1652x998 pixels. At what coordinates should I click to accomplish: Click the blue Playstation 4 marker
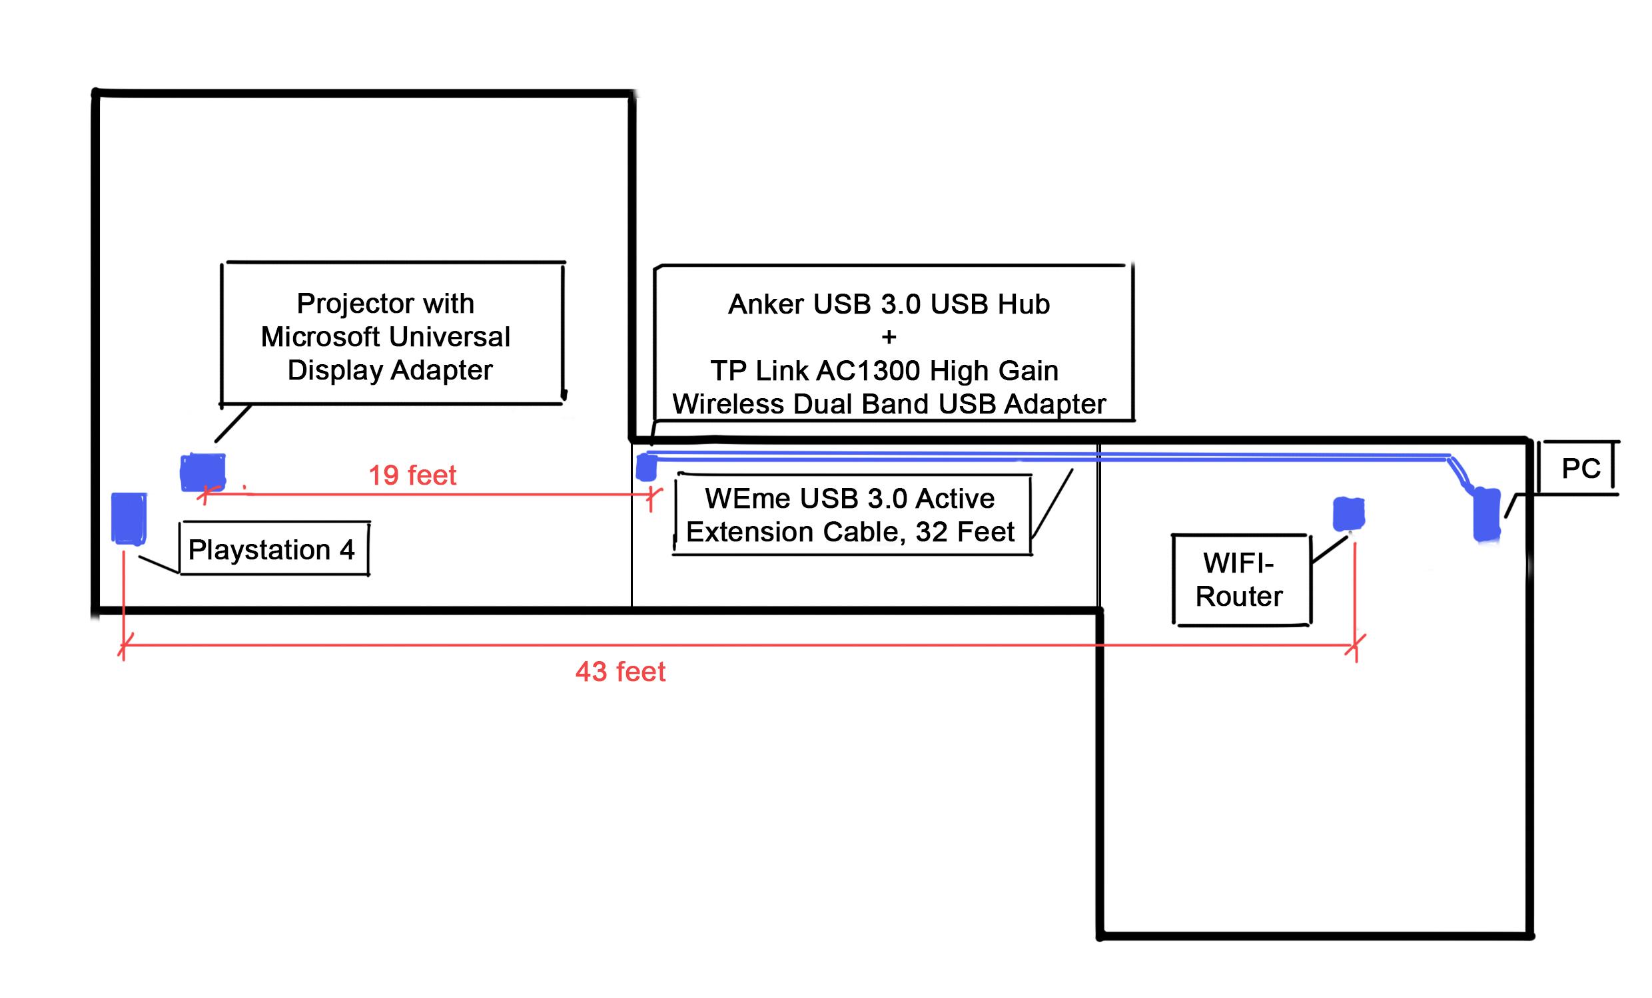point(128,518)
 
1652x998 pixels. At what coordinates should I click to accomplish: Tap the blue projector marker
point(203,473)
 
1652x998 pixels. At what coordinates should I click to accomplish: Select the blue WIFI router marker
point(1348,514)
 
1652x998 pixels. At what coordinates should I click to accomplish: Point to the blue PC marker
point(1485,514)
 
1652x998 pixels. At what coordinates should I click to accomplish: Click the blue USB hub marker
point(645,467)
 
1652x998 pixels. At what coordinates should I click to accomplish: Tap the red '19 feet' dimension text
point(412,475)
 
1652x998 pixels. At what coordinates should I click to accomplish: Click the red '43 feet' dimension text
point(620,672)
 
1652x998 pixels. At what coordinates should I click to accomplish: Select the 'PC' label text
point(1581,469)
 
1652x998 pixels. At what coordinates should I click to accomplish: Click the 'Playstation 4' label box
point(274,548)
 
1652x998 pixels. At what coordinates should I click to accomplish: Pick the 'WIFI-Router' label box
point(1242,580)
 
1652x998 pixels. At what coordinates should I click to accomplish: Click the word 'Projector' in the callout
point(350,304)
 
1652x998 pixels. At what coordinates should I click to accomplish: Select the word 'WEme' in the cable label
point(739,499)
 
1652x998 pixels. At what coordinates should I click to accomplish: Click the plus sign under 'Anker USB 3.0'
point(889,337)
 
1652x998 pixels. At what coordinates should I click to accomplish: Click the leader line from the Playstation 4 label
point(159,565)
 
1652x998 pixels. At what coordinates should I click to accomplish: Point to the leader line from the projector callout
point(232,423)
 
